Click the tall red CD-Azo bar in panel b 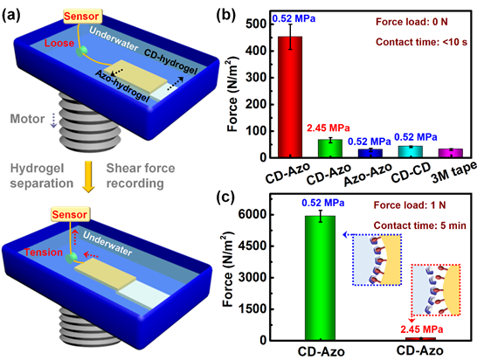click(290, 97)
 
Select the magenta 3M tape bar click(450, 153)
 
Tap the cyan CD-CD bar click(411, 151)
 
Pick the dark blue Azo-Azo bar click(370, 153)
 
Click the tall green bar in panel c click(320, 278)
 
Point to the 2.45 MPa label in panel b click(328, 128)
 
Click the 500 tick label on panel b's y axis click(256, 24)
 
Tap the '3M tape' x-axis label click(453, 173)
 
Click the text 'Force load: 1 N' click(410, 205)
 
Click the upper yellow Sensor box click(81, 17)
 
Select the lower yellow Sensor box click(70, 215)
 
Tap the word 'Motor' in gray click(27, 119)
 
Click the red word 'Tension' click(44, 253)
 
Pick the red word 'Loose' click(59, 43)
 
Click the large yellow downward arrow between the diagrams click(88, 177)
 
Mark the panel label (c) click(225, 196)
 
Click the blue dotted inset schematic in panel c click(377, 260)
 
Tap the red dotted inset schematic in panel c click(435, 289)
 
